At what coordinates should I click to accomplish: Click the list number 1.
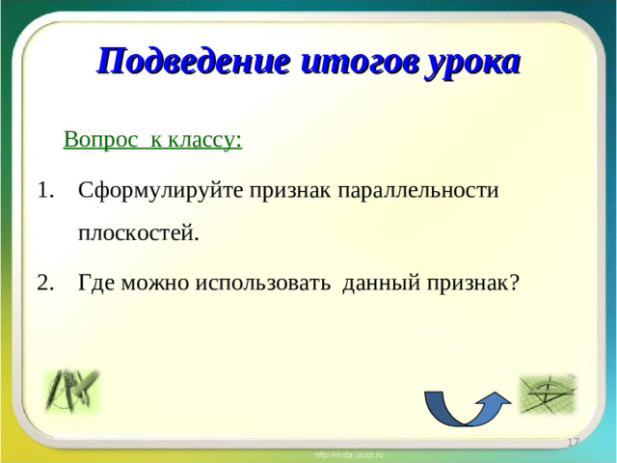(x=46, y=188)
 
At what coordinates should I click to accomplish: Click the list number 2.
(x=46, y=282)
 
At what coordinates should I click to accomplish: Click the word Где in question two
(x=96, y=282)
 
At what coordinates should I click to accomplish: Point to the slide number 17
(x=572, y=441)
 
